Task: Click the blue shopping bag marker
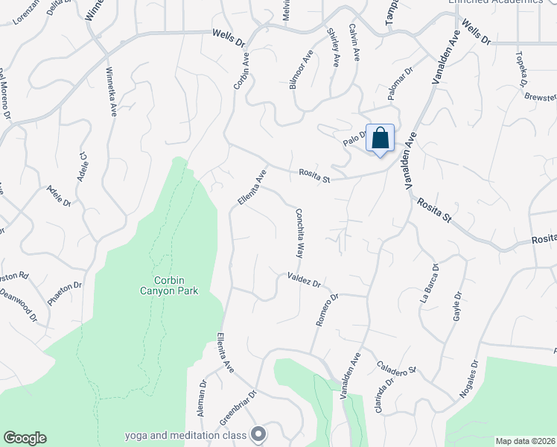pos(380,139)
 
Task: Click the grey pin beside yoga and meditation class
pos(259,433)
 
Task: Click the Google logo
pos(25,438)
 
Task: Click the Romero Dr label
pos(327,309)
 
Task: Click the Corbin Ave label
pos(241,71)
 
